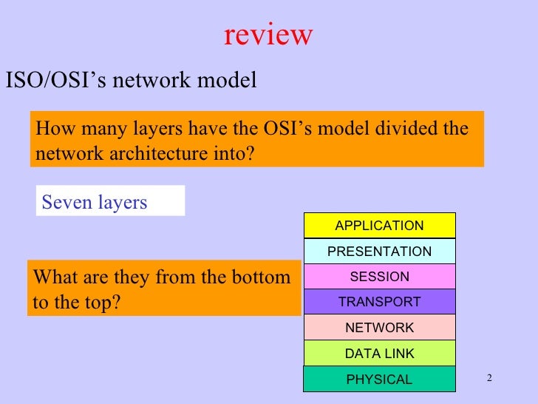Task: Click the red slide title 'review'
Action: click(x=268, y=34)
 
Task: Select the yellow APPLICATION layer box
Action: click(x=379, y=226)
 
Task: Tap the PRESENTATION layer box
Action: click(x=379, y=252)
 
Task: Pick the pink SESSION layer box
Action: click(x=379, y=277)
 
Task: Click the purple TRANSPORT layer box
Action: click(x=379, y=302)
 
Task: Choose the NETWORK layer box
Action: click(x=379, y=328)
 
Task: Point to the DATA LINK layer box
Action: click(x=379, y=354)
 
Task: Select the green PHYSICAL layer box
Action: click(x=379, y=380)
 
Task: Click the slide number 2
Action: click(x=488, y=379)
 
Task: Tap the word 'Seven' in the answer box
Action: click(x=67, y=203)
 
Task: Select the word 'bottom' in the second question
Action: click(x=262, y=278)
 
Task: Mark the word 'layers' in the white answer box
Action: click(x=123, y=203)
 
